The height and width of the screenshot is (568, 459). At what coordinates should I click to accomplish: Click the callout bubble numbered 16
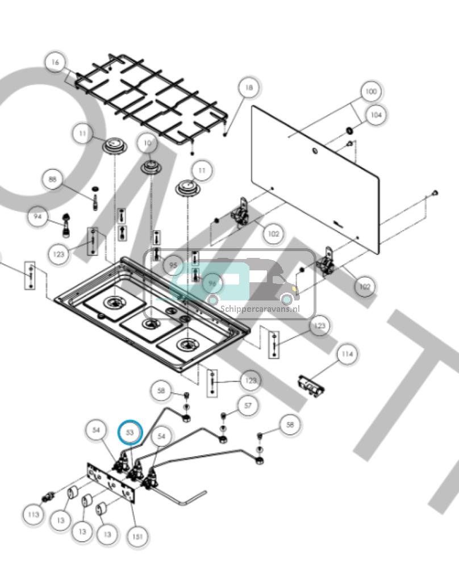[x=55, y=62]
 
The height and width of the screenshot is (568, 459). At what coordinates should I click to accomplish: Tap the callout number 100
[x=370, y=91]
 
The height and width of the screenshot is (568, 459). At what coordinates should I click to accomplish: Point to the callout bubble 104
[x=375, y=115]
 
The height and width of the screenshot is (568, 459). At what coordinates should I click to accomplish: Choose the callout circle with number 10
[x=148, y=144]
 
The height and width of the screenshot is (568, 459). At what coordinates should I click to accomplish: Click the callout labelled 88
[x=53, y=180]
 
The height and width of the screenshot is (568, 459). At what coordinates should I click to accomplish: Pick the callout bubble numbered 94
[x=38, y=217]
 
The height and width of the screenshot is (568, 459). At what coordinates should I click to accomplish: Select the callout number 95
[x=173, y=265]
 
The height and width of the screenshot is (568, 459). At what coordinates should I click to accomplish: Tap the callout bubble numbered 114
[x=347, y=354]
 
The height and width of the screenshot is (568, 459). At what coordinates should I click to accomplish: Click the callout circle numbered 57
[x=247, y=406]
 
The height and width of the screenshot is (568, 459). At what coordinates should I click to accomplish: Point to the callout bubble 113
[x=34, y=515]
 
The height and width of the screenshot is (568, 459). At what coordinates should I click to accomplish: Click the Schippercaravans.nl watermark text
[x=267, y=309]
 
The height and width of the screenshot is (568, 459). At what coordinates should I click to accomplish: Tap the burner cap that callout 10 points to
[x=152, y=167]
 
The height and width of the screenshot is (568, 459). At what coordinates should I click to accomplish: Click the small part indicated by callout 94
[x=68, y=225]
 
